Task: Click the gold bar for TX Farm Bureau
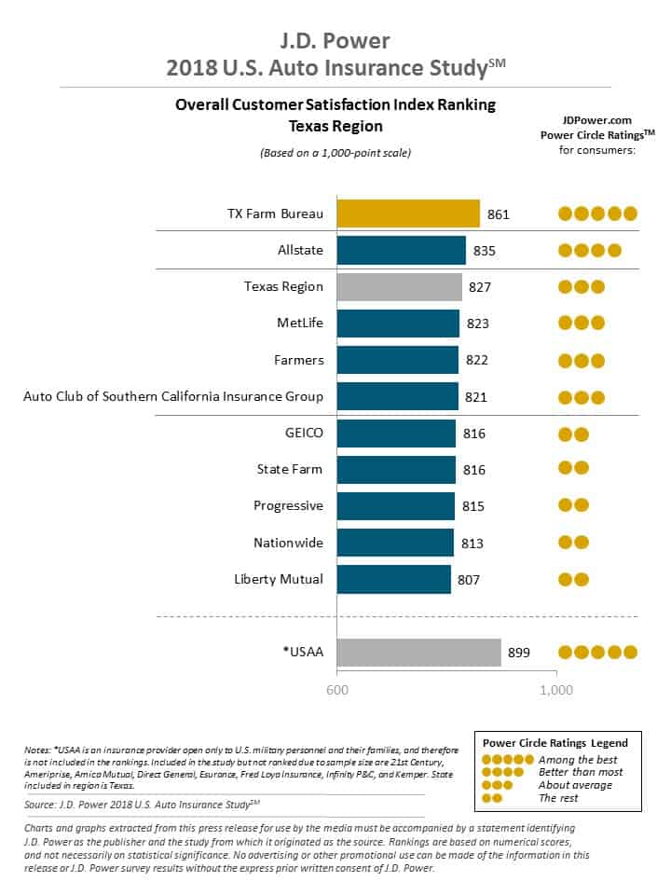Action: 407,213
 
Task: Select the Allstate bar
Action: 401,250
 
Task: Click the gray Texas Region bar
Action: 399,287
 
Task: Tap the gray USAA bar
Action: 418,653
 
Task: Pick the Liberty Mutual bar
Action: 393,579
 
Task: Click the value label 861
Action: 499,214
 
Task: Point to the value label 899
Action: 518,654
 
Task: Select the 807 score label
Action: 469,580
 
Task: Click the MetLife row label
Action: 300,324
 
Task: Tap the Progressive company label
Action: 288,506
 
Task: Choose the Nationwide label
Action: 288,543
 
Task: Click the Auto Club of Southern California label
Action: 173,396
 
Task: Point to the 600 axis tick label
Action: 336,690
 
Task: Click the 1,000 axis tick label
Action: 556,690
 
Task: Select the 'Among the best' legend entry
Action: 578,760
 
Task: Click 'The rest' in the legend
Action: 559,797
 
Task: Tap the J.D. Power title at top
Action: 335,42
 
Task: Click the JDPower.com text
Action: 597,120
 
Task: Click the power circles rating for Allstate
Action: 589,251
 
